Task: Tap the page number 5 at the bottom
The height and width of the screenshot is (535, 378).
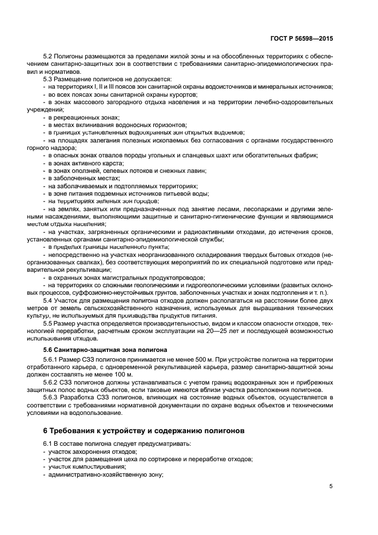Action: tap(331, 486)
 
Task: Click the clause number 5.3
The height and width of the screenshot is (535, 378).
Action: tap(47, 78)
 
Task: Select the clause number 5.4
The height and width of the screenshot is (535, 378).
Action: tap(47, 300)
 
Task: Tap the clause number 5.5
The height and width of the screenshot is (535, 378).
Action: tap(47, 324)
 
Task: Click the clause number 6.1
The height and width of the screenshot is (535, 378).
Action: tap(47, 444)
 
